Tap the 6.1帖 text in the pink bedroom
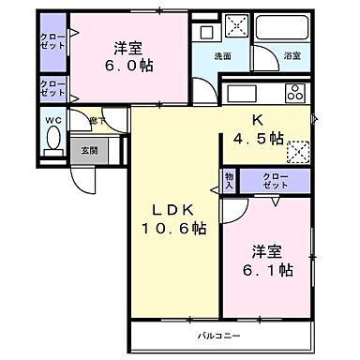tap(272, 270)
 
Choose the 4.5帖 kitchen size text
tap(259, 139)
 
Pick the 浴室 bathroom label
tap(292, 55)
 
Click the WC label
tap(52, 120)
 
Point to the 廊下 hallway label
tap(96, 119)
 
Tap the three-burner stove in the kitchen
tap(294, 93)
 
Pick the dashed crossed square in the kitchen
tap(300, 149)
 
